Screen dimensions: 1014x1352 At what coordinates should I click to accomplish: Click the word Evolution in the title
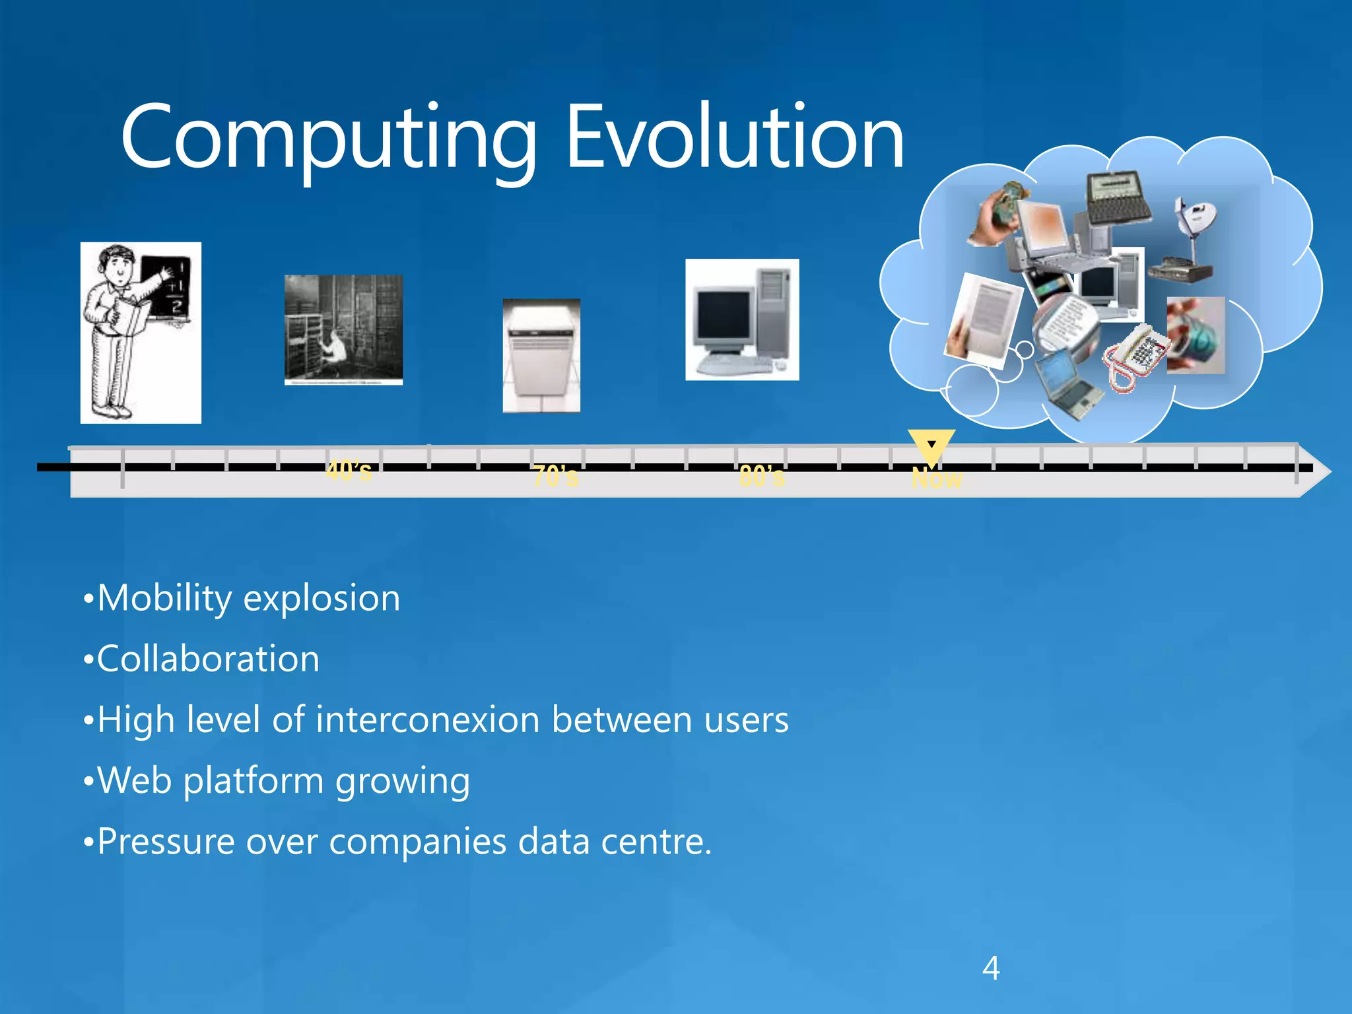734,139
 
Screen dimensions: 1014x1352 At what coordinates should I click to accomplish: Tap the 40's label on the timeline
349,471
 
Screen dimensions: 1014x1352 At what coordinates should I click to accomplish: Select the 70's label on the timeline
555,476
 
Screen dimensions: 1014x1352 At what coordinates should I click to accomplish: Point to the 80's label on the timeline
762,476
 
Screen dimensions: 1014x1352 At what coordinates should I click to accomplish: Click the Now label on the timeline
937,479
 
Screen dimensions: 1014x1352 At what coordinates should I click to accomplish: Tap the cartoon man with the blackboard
141,332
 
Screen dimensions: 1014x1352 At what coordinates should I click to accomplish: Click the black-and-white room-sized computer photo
343,329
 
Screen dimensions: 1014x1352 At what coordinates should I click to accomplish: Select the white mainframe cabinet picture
541,355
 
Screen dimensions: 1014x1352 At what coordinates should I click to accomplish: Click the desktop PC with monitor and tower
742,320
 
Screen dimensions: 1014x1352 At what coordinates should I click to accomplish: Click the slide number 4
990,968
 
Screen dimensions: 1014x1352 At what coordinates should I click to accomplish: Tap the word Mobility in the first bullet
164,599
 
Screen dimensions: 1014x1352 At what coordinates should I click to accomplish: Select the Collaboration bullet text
208,659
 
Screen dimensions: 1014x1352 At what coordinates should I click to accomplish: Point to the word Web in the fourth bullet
135,780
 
